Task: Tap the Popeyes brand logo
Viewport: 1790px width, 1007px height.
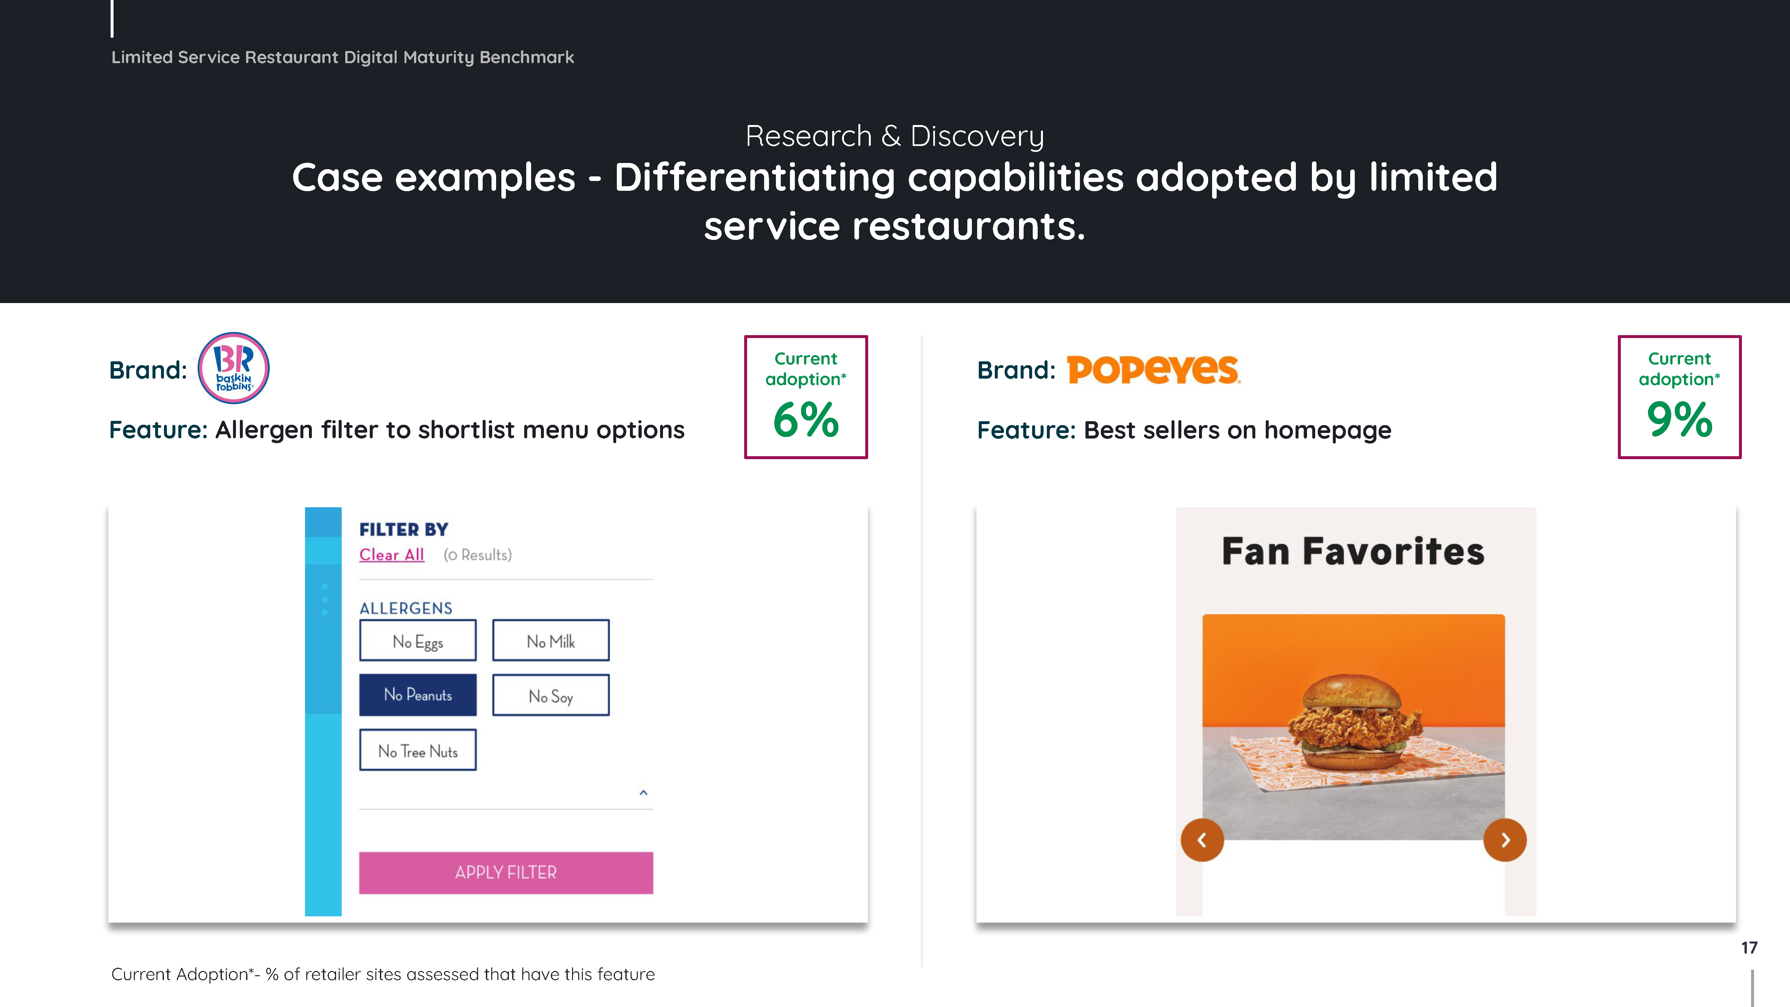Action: pos(1154,370)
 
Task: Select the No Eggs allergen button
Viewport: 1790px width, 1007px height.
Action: pos(418,640)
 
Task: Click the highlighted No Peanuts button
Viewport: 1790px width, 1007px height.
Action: pos(418,695)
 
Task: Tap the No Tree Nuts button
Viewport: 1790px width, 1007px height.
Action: pos(418,750)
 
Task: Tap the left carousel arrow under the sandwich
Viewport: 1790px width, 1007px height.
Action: pos(1202,840)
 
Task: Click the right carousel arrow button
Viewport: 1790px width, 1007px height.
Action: pos(1505,840)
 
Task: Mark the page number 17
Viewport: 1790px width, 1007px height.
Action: pos(1749,948)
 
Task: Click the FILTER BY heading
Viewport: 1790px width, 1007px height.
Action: pos(404,530)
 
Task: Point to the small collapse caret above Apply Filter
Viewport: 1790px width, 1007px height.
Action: pos(643,792)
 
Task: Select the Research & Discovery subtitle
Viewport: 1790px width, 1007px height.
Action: pos(894,136)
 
